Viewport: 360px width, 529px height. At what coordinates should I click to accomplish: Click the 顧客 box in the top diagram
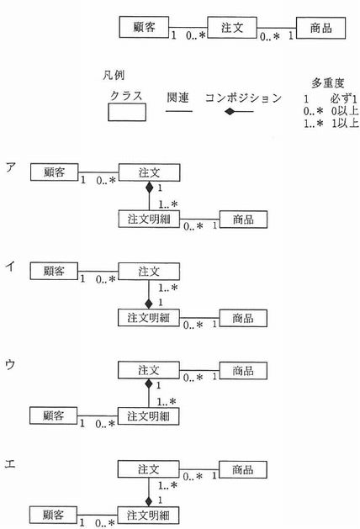click(x=144, y=27)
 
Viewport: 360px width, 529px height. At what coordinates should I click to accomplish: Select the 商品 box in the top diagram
click(x=320, y=28)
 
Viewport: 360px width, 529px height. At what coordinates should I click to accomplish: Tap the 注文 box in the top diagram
click(x=232, y=27)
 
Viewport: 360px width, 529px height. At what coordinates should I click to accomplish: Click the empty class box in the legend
click(x=127, y=112)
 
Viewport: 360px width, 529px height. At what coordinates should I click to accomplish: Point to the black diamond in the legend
click(x=230, y=111)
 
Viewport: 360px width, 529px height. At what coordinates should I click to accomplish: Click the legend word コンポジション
click(x=243, y=98)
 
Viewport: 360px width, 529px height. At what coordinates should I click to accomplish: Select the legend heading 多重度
click(x=327, y=82)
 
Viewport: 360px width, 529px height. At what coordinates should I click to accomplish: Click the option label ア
click(x=10, y=167)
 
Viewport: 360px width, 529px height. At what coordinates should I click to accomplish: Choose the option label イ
click(x=10, y=267)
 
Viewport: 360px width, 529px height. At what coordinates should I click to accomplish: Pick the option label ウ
click(x=10, y=364)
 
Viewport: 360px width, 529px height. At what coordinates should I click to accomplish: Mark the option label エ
click(x=10, y=464)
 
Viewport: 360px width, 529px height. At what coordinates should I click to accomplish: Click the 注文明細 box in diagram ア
click(x=149, y=219)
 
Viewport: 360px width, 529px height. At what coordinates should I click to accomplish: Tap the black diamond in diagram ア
click(x=149, y=187)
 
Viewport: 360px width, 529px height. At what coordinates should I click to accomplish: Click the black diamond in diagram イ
click(x=149, y=304)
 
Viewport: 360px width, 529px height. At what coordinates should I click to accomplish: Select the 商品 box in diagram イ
click(x=243, y=318)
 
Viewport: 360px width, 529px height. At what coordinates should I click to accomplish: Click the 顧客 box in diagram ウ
click(x=53, y=415)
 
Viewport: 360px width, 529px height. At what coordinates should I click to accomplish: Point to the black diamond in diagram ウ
click(x=148, y=384)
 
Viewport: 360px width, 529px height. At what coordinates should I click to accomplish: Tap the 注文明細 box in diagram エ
click(x=148, y=516)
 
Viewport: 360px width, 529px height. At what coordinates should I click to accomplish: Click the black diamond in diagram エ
click(x=148, y=501)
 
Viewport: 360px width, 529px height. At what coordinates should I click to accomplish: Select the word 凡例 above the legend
click(x=114, y=75)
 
